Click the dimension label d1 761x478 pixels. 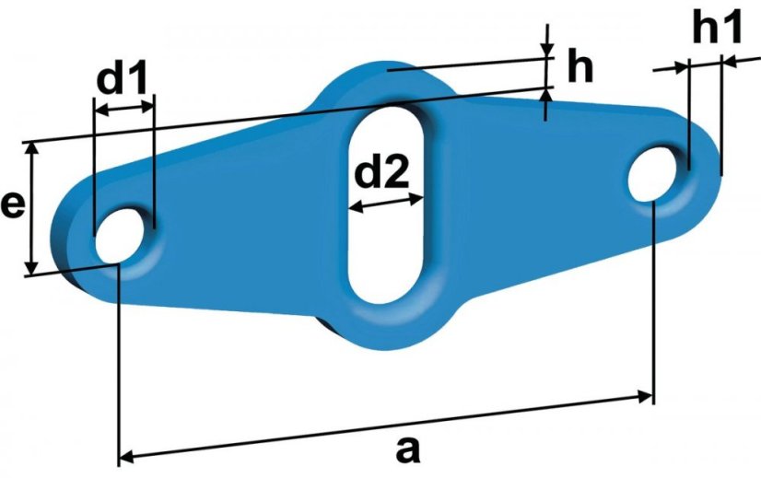tap(122, 78)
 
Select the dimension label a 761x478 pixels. tap(407, 449)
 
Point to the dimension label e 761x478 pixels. tap(13, 205)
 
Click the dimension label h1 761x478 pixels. tap(717, 28)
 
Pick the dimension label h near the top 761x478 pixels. tap(580, 67)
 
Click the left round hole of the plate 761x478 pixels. tap(120, 237)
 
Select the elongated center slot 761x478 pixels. tap(386, 204)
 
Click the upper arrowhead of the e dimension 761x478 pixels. tap(31, 149)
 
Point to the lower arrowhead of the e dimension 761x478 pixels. tap(31, 268)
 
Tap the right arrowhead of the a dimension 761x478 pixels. tap(646, 396)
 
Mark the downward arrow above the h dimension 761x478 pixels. tap(547, 41)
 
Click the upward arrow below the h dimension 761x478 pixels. tap(546, 104)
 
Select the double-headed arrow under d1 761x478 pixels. tap(123, 109)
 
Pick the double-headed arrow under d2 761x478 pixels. tap(386, 203)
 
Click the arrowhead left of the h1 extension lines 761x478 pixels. tap(672, 68)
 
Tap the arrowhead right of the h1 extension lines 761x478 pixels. tap(741, 61)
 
